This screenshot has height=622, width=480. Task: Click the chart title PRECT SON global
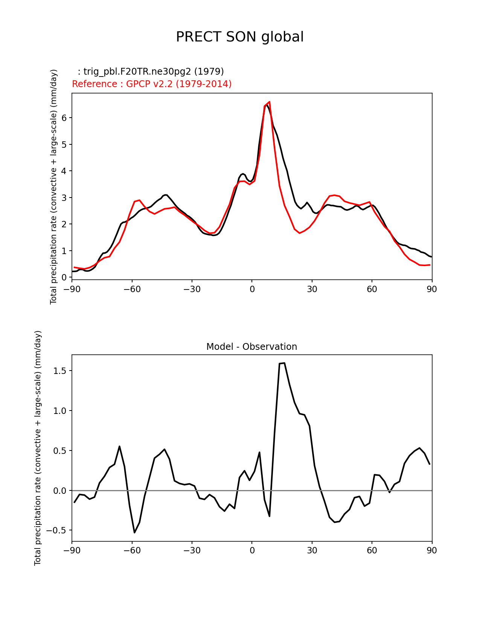point(240,37)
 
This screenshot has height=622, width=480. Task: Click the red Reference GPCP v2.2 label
point(152,84)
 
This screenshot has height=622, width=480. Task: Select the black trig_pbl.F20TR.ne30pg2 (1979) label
point(151,72)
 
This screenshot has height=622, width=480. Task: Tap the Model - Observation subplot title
point(251,347)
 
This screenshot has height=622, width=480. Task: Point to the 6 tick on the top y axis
point(64,118)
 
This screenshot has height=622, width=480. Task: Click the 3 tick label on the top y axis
point(64,198)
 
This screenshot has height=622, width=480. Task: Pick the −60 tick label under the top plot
point(132,290)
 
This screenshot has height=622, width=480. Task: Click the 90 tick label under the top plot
point(432,290)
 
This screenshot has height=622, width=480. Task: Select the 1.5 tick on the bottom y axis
point(60,371)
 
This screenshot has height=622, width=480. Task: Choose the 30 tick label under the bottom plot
point(312,551)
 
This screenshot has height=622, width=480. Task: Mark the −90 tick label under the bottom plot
point(72,551)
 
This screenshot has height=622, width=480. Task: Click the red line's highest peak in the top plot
point(270,102)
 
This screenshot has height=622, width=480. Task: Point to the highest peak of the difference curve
point(284,363)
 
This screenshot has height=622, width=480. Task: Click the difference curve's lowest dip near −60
point(134,532)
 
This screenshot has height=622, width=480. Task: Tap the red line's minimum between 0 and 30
point(300,233)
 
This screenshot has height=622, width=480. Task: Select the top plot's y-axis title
point(54,187)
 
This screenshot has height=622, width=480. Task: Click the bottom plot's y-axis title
point(38,448)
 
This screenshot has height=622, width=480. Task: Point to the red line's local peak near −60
point(139,200)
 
